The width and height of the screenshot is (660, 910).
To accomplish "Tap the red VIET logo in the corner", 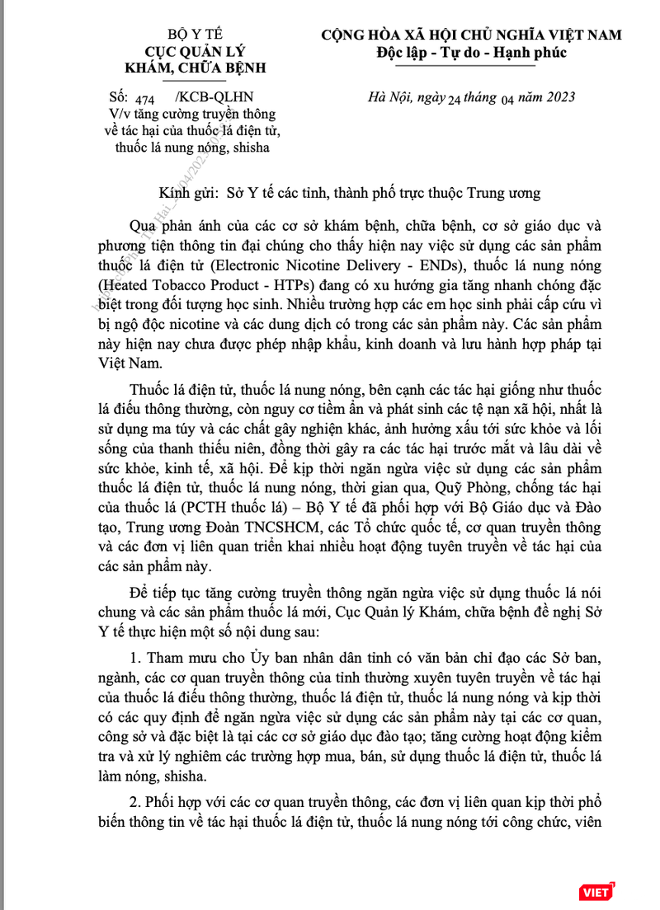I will click(595, 892).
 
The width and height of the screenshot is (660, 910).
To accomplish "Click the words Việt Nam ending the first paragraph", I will click(111, 359).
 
